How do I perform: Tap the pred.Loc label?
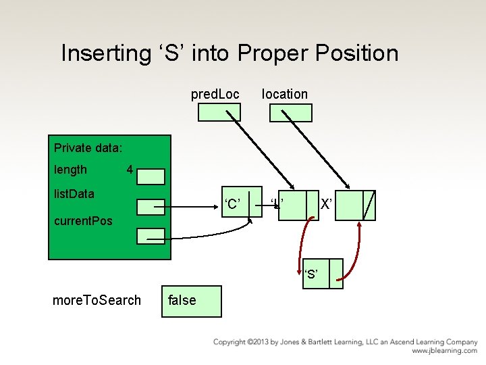215,95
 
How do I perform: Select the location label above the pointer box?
284,95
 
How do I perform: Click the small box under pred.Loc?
219,112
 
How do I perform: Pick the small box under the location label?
290,113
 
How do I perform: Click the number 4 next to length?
129,169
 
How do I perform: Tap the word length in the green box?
70,170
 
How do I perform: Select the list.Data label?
74,194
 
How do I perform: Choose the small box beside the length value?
151,176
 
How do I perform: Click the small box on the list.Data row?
151,206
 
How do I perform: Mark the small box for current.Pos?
151,235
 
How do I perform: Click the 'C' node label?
233,204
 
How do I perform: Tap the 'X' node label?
325,204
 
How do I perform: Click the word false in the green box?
182,300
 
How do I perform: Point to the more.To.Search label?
97,300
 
